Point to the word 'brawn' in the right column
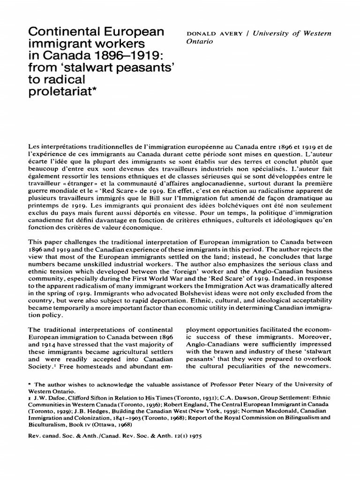220,351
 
